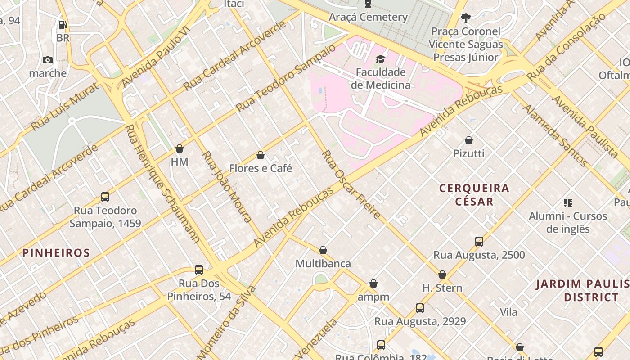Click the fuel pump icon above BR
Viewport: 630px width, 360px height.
tap(63, 25)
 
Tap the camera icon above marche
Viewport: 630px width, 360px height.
tap(48, 60)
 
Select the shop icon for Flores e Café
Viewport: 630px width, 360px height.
tap(260, 155)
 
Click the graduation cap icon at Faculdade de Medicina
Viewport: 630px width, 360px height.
tap(381, 59)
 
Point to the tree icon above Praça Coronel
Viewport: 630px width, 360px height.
tap(465, 18)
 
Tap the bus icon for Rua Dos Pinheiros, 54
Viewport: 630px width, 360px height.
tap(199, 270)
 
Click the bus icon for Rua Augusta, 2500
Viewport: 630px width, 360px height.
tap(479, 242)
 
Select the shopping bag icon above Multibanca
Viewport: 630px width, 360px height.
tap(323, 250)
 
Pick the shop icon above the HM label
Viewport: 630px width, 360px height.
tap(180, 148)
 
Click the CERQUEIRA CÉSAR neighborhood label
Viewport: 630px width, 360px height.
tap(474, 194)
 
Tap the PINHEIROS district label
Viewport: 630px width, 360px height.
tap(56, 253)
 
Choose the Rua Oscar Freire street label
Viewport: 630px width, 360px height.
tap(351, 184)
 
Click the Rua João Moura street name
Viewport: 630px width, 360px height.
tap(226, 187)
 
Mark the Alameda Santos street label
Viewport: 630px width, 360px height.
tap(554, 135)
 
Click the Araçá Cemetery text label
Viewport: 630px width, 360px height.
tap(368, 17)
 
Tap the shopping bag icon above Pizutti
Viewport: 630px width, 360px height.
tap(469, 140)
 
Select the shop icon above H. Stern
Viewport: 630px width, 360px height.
tap(442, 274)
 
